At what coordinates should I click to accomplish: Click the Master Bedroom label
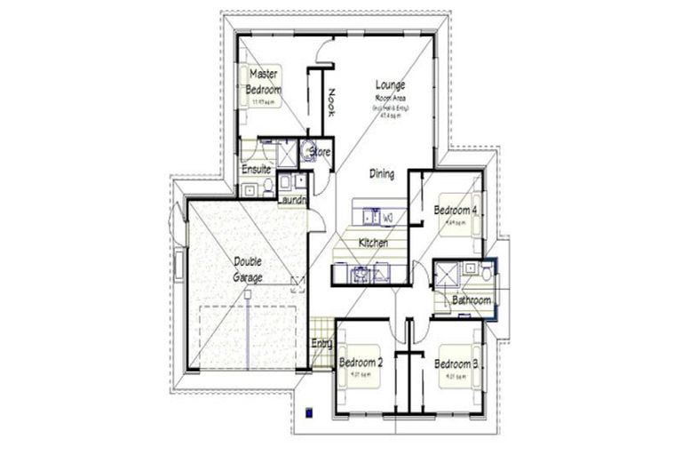pyautogui.click(x=266, y=82)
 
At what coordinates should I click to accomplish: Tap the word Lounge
pyautogui.click(x=391, y=85)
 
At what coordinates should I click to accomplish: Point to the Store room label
pyautogui.click(x=320, y=153)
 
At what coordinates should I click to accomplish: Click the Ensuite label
pyautogui.click(x=256, y=170)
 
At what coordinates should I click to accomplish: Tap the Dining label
pyautogui.click(x=383, y=174)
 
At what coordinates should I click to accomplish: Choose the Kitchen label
pyautogui.click(x=374, y=243)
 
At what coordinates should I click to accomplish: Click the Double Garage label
pyautogui.click(x=249, y=269)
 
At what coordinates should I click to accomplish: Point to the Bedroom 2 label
pyautogui.click(x=361, y=363)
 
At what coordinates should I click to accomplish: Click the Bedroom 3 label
pyautogui.click(x=456, y=363)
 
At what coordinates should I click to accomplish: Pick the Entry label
pyautogui.click(x=321, y=344)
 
